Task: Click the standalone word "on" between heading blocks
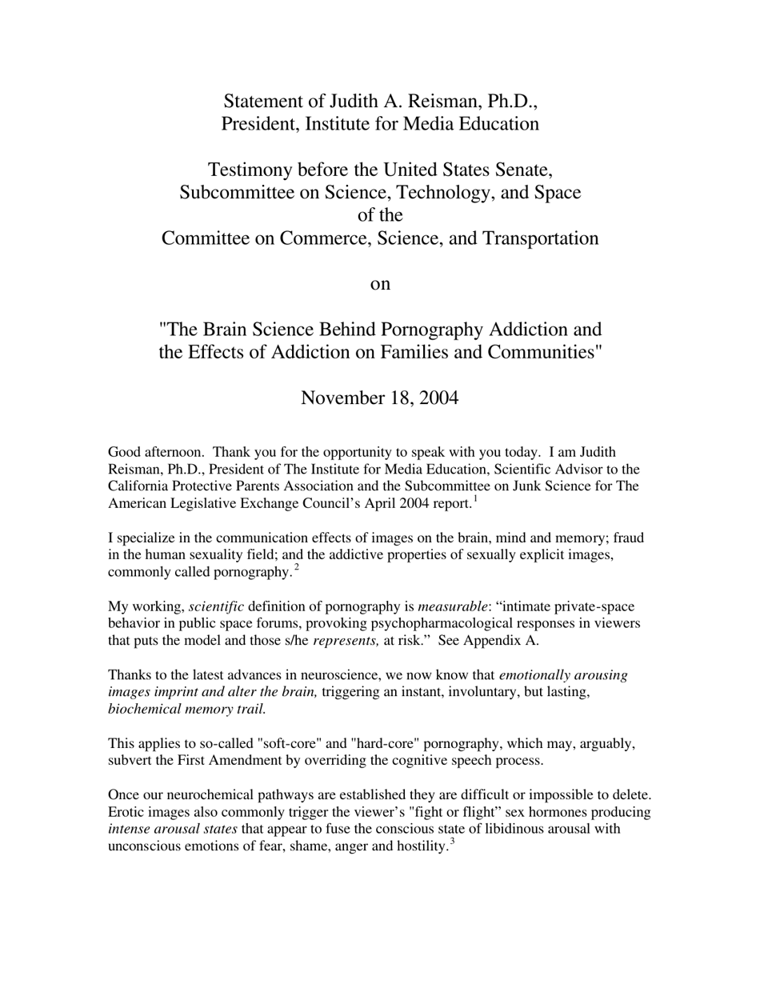coord(380,284)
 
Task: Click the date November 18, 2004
coord(380,398)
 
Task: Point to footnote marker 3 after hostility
coord(452,842)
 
